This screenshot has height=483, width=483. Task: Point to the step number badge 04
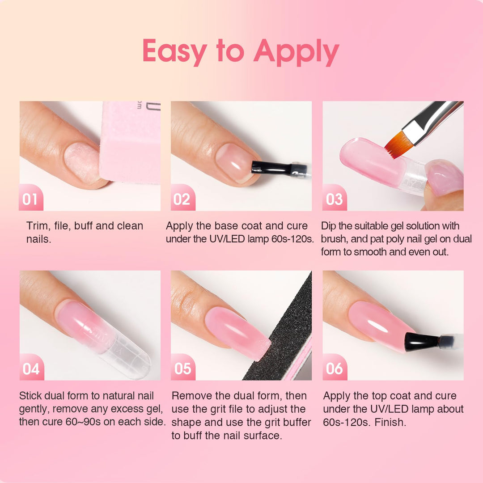coord(31,369)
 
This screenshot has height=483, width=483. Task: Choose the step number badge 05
coord(182,369)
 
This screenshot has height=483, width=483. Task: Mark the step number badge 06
coord(334,369)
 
